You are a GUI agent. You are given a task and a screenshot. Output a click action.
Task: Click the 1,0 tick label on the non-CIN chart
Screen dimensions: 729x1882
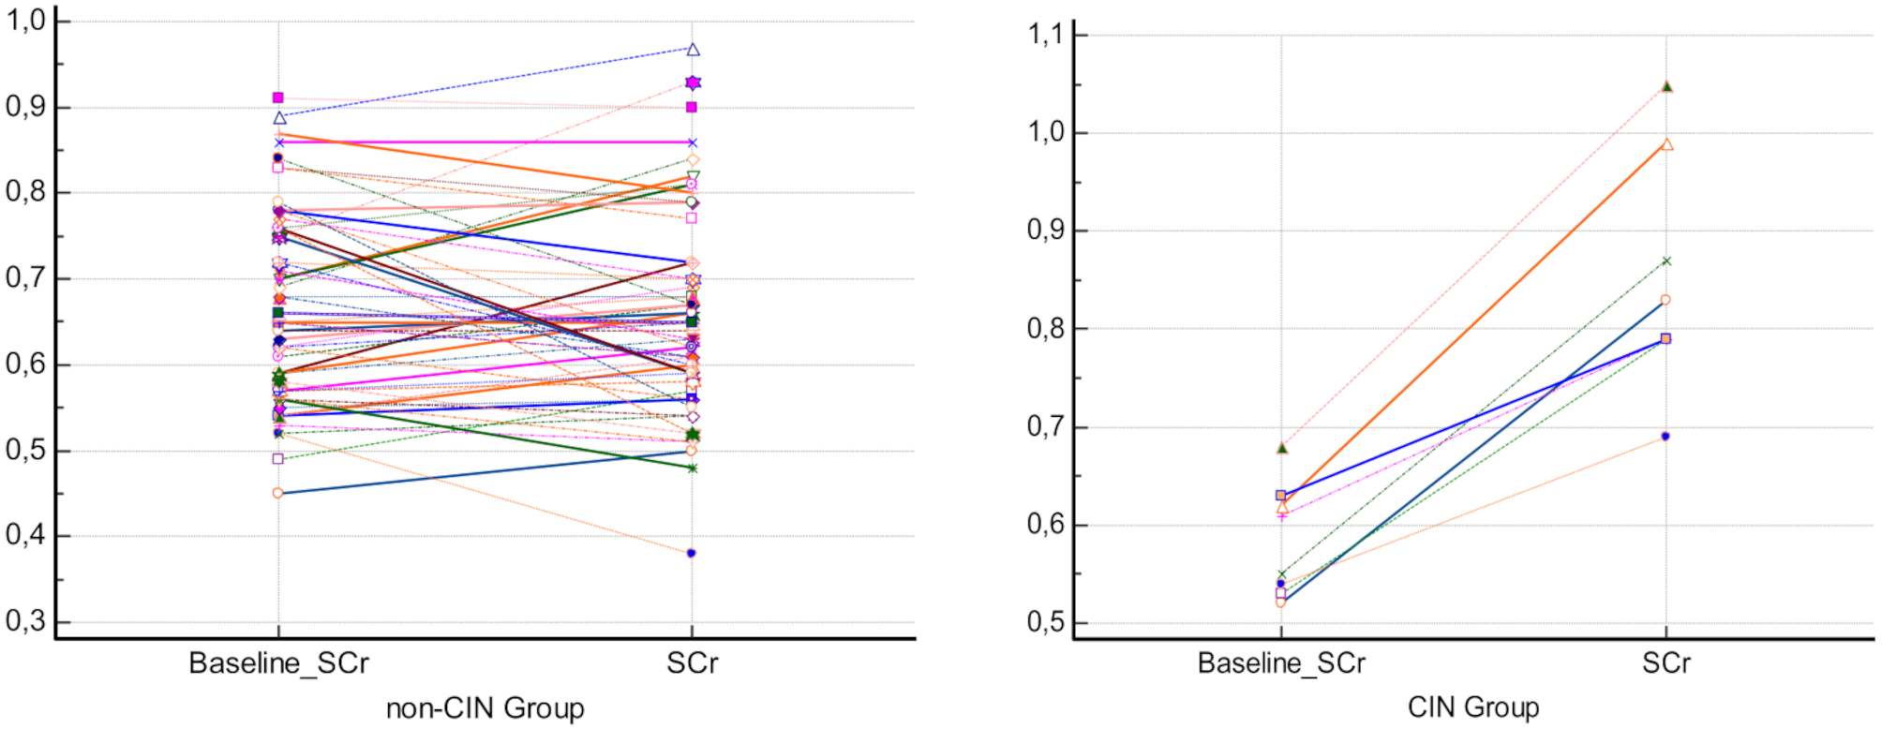[26, 21]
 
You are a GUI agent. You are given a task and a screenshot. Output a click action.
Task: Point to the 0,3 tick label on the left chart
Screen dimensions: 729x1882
[26, 621]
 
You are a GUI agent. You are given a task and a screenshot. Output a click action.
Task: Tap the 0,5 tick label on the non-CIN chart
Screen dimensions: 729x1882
[26, 450]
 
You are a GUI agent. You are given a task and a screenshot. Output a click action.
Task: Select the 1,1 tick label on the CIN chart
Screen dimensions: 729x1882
[1046, 36]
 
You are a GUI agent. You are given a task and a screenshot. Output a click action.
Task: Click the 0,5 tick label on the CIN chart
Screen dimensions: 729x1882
[1046, 622]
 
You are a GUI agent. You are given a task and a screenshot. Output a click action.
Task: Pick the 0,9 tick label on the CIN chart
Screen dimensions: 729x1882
[1046, 231]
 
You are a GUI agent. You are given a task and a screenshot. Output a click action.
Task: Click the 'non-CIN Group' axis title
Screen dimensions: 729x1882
[485, 708]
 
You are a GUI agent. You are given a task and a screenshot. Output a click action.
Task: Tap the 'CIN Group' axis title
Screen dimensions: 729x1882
[1473, 707]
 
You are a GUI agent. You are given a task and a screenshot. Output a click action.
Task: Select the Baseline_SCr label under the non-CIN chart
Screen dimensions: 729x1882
[278, 663]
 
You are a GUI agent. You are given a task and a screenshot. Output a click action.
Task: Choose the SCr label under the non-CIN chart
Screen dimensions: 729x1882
[692, 663]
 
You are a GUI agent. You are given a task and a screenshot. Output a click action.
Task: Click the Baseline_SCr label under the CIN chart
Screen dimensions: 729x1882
[1281, 663]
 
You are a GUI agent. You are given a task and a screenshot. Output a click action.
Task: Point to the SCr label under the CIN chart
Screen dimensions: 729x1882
[1665, 663]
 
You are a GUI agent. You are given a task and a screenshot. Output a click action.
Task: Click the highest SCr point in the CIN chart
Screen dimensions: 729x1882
[1666, 87]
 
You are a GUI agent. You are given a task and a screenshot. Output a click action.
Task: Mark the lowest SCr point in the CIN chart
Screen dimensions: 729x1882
[1665, 437]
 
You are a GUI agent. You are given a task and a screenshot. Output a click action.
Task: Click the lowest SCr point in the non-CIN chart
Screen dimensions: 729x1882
[692, 554]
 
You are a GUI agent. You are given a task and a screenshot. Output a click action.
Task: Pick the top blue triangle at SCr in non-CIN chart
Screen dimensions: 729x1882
[694, 50]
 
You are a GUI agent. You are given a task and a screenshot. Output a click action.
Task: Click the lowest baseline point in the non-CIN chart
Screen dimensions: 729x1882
[278, 493]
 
